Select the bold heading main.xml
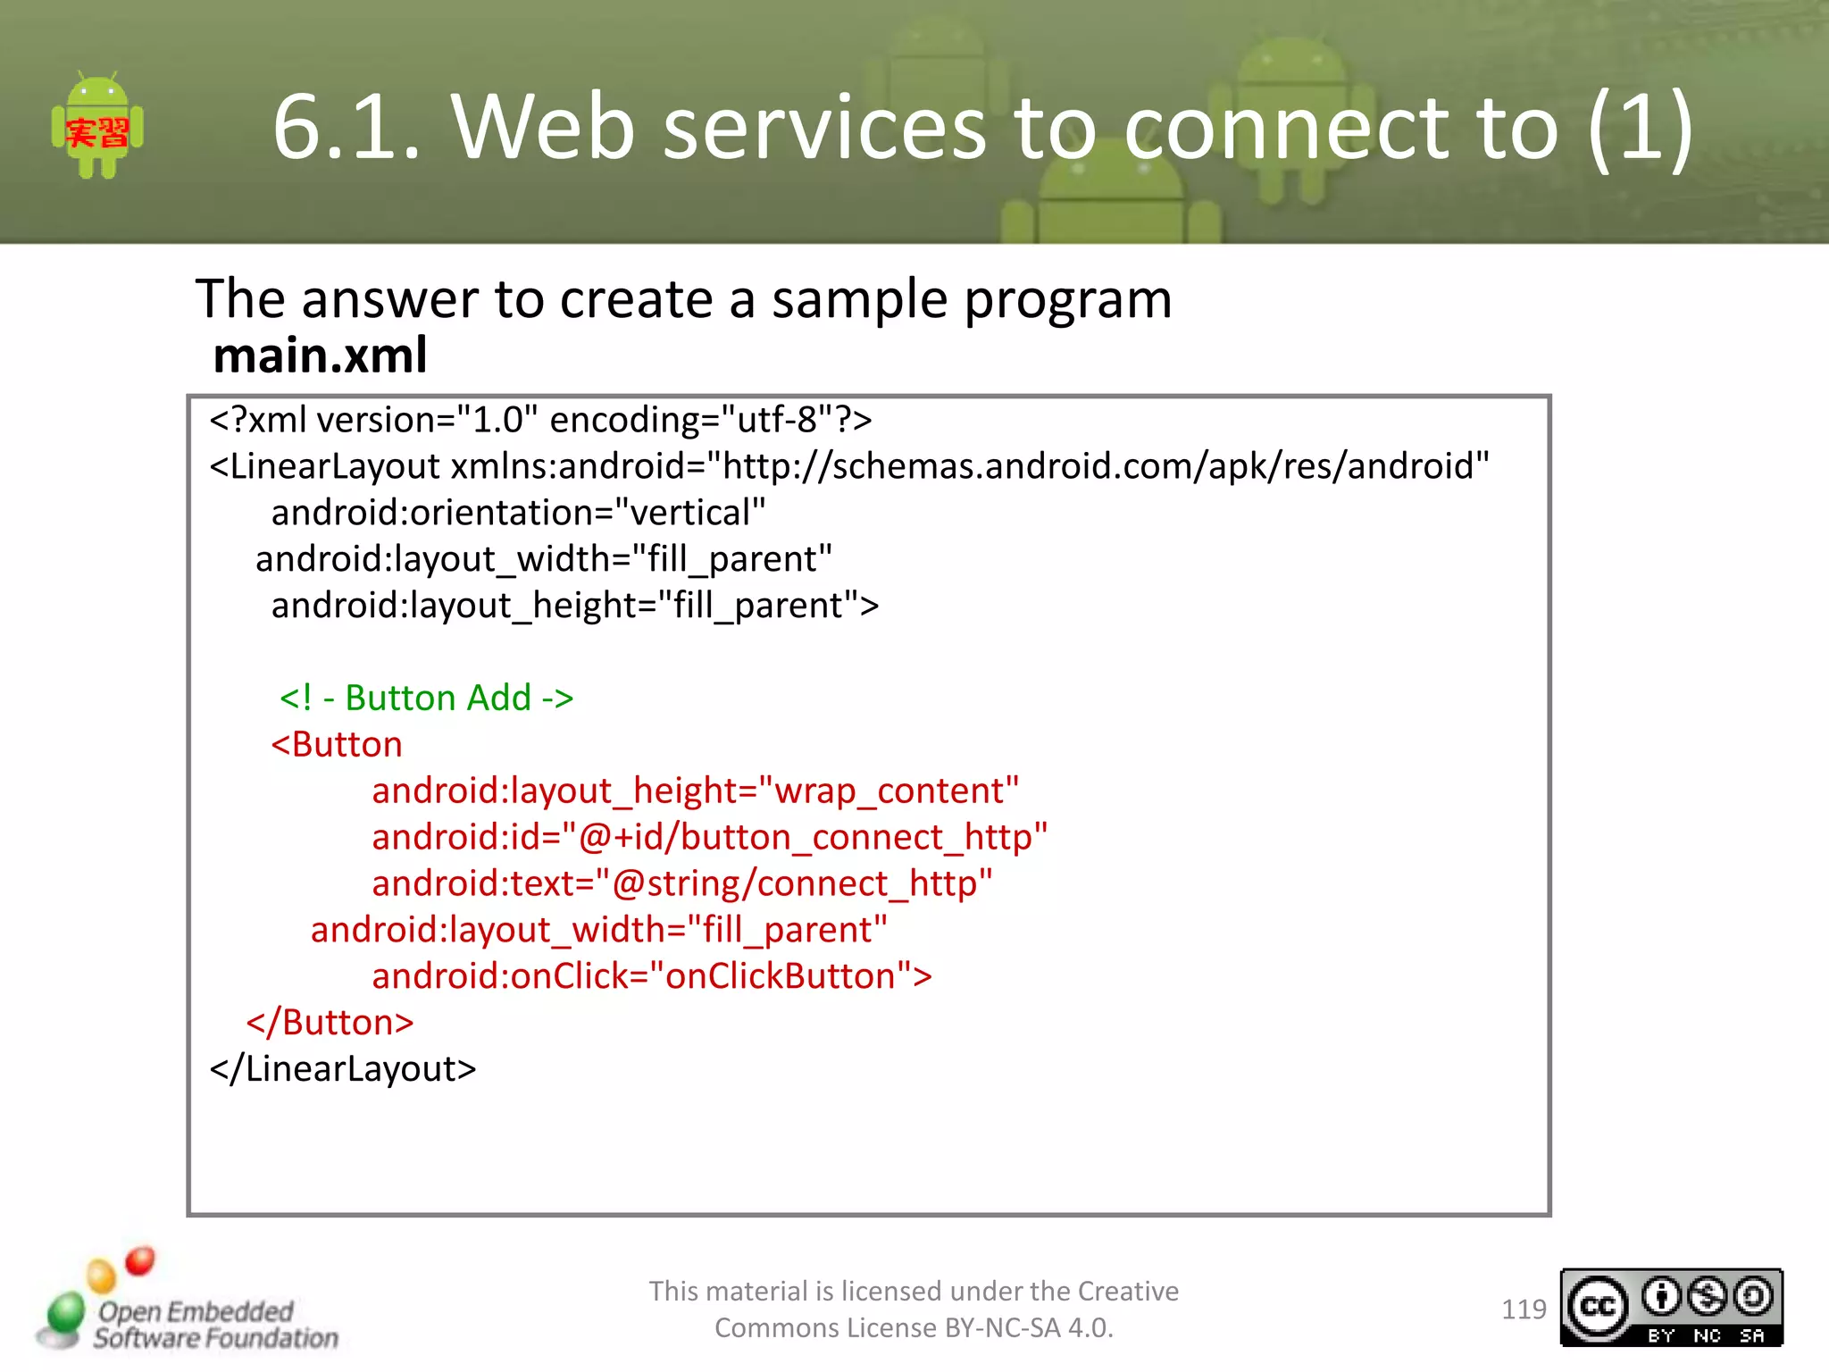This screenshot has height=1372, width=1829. pyautogui.click(x=320, y=356)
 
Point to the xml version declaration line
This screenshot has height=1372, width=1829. pyautogui.click(x=540, y=420)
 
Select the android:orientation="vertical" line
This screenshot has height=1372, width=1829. pyautogui.click(x=518, y=513)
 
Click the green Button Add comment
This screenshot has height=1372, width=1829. pyautogui.click(x=427, y=698)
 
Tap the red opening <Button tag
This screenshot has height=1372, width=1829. pyautogui.click(x=337, y=744)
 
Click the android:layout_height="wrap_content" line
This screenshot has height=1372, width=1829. pyautogui.click(x=695, y=791)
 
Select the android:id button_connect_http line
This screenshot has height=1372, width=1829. pyautogui.click(x=709, y=837)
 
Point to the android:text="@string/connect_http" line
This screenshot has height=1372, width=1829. pyautogui.click(x=682, y=883)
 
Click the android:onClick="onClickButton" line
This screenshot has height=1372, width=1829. pyautogui.click(x=652, y=976)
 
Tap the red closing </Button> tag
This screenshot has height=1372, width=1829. pyautogui.click(x=330, y=1023)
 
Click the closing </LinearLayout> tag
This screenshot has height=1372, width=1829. pyautogui.click(x=343, y=1069)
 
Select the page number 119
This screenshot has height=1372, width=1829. pyautogui.click(x=1523, y=1309)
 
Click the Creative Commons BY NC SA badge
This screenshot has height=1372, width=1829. pyautogui.click(x=1670, y=1308)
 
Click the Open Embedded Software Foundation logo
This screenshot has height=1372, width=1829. pyautogui.click(x=188, y=1309)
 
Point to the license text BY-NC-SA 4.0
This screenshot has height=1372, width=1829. pyautogui.click(x=1027, y=1328)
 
